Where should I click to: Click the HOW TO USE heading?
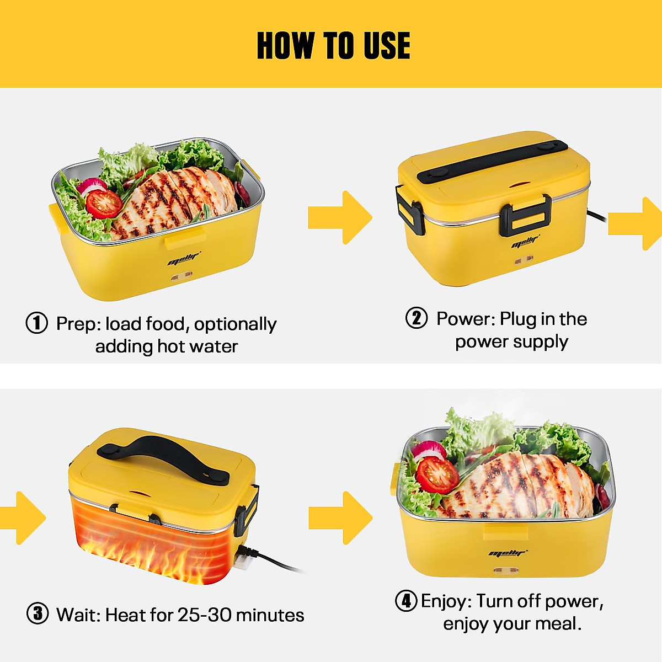pyautogui.click(x=333, y=45)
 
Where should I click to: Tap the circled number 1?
pyautogui.click(x=37, y=323)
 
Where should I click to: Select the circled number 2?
pyautogui.click(x=417, y=318)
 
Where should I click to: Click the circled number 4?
pyautogui.click(x=406, y=600)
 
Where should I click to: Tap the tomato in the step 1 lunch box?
pyautogui.click(x=104, y=203)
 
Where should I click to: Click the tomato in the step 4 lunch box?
pyautogui.click(x=437, y=474)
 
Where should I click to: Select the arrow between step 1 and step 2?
pyautogui.click(x=339, y=217)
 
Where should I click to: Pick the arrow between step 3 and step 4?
pyautogui.click(x=340, y=517)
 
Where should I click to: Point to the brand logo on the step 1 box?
pyautogui.click(x=184, y=258)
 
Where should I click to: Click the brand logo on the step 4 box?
pyautogui.click(x=508, y=553)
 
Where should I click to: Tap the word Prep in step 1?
pyautogui.click(x=78, y=324)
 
